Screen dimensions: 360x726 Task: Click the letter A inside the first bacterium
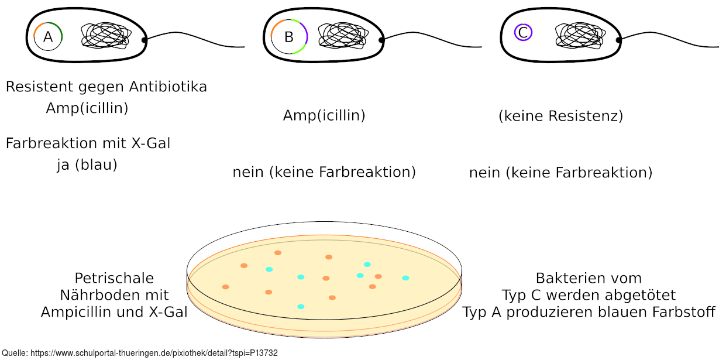coord(48,37)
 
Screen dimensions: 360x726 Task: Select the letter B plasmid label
coord(288,37)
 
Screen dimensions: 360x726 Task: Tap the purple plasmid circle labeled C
coord(522,33)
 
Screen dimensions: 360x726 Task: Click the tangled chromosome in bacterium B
coord(343,36)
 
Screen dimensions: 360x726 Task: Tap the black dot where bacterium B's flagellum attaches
coord(381,40)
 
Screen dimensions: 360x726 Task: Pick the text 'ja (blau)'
coord(87,165)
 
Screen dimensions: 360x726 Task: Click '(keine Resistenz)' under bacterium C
coord(560,116)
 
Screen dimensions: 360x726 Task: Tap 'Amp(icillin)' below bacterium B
coord(324,115)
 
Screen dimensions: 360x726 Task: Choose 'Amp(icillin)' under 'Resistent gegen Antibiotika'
coord(87,108)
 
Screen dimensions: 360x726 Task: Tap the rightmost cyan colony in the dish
coord(405,278)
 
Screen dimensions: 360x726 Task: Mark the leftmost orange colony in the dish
coord(225,287)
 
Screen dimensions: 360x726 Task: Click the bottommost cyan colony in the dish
coord(301,306)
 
